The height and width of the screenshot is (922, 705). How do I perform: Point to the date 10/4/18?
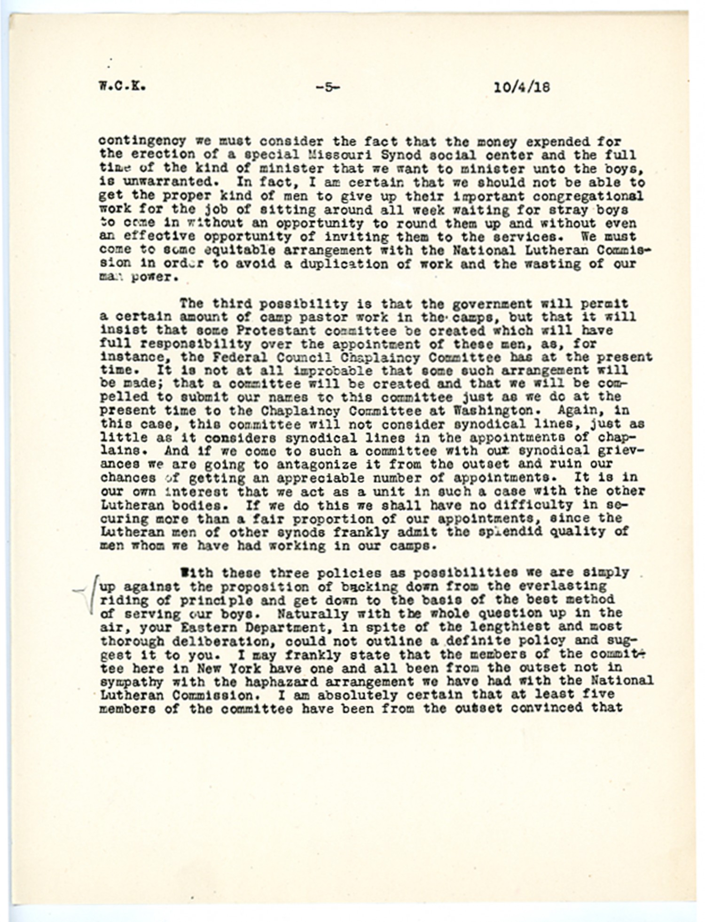(522, 87)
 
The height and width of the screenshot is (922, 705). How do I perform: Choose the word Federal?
(227, 357)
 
